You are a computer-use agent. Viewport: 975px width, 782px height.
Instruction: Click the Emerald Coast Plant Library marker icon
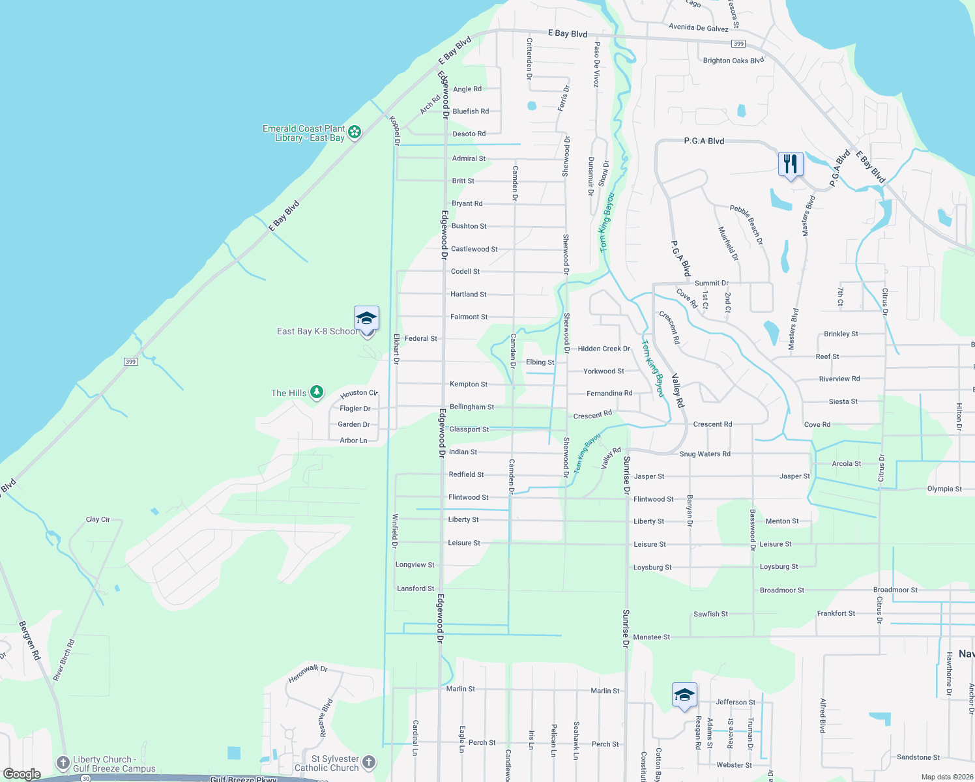(355, 132)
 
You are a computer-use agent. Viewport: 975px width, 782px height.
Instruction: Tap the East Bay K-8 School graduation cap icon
(366, 318)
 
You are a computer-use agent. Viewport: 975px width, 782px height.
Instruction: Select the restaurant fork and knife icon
(790, 164)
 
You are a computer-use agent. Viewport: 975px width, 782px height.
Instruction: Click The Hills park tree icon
(317, 392)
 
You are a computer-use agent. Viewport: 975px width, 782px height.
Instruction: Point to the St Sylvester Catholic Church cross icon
(368, 762)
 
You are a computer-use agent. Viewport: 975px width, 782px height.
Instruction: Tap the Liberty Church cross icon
(63, 762)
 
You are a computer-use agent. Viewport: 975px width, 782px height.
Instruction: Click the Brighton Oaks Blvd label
(733, 61)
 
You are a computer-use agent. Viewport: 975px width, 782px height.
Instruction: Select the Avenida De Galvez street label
(698, 27)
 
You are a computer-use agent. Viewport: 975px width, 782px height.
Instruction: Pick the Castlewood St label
(474, 249)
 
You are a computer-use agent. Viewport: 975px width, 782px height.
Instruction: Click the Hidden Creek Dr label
(604, 349)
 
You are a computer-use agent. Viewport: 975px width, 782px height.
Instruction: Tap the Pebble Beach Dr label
(746, 225)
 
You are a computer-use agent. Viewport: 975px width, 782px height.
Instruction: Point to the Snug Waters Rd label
(705, 454)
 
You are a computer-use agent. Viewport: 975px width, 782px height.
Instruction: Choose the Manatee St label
(651, 637)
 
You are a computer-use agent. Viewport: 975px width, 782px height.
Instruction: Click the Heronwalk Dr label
(308, 674)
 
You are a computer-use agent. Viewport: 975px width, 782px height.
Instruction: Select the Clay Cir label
(98, 519)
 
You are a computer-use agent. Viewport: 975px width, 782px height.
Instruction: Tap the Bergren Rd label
(30, 641)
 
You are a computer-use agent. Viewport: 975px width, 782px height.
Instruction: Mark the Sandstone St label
(918, 757)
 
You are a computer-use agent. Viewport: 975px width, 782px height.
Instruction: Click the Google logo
(22, 774)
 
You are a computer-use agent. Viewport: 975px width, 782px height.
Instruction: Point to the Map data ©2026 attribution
(944, 777)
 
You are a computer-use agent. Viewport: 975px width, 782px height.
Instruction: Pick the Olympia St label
(944, 489)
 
